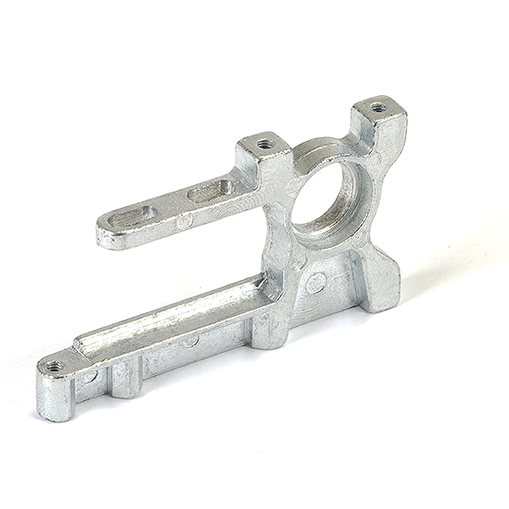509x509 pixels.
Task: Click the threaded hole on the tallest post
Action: coord(378,108)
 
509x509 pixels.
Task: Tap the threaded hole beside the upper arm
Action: coord(265,143)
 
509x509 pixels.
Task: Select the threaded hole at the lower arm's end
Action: coord(53,366)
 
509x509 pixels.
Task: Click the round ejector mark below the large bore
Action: coord(316,284)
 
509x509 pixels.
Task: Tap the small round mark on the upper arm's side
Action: coord(183,221)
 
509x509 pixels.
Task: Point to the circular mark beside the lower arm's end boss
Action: coord(90,377)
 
